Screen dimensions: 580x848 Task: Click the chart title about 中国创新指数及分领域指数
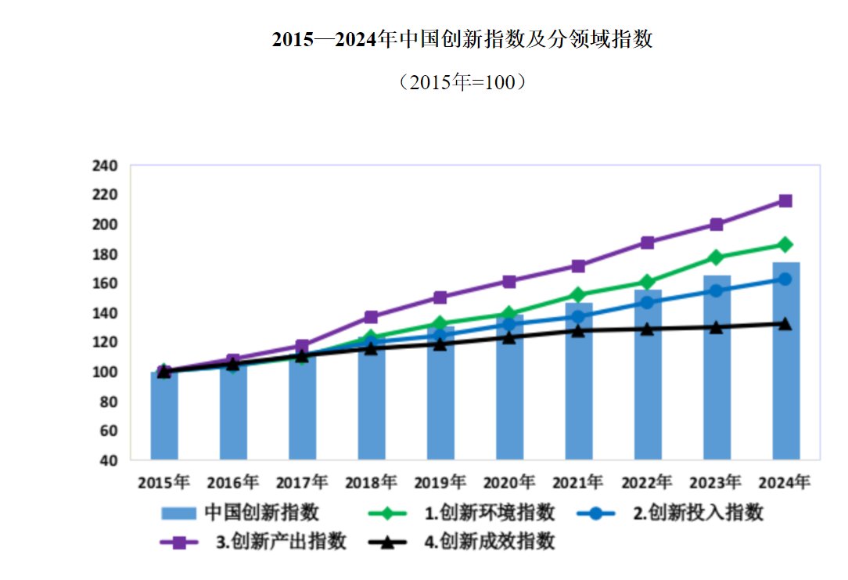(x=462, y=40)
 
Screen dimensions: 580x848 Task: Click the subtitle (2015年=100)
(x=462, y=82)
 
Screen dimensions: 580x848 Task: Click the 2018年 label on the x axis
(x=372, y=481)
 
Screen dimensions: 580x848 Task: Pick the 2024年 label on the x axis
(x=785, y=481)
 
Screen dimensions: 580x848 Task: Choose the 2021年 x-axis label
(x=579, y=481)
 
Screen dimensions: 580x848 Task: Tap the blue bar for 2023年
(x=717, y=368)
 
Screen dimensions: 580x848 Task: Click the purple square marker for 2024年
(x=785, y=201)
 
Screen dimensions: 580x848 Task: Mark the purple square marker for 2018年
(x=372, y=317)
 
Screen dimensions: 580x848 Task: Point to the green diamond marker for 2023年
(x=717, y=258)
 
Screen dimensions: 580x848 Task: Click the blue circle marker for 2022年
(x=648, y=302)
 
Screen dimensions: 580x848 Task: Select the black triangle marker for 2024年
(x=785, y=323)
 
